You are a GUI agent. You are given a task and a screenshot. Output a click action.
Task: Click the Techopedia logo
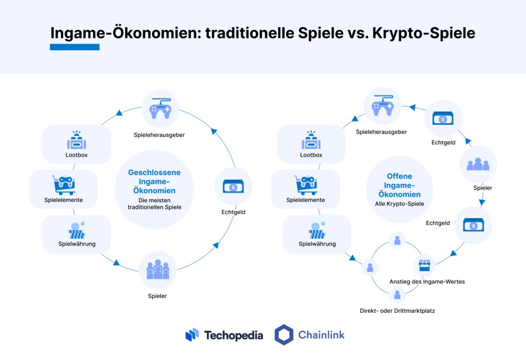point(224,335)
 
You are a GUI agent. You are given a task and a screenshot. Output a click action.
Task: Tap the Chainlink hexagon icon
point(284,335)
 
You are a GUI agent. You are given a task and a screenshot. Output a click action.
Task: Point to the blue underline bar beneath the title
point(74,47)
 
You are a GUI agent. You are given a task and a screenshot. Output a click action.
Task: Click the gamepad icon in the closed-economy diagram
point(160,109)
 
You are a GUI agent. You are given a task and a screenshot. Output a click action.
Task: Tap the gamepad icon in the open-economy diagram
point(382,106)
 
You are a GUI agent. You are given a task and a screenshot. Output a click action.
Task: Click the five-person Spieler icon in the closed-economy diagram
point(158,269)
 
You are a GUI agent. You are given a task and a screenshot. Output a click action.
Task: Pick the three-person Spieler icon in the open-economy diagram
point(478,164)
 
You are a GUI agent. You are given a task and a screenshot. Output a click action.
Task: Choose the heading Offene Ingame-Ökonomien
point(399,185)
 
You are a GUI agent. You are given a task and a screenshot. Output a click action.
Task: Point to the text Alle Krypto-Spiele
point(399,204)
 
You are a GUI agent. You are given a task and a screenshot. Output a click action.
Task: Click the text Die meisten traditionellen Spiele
point(154,203)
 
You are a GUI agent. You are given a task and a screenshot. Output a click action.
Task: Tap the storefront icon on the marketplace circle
point(425,266)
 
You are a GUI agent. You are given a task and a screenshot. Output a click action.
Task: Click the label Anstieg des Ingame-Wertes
point(427,281)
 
